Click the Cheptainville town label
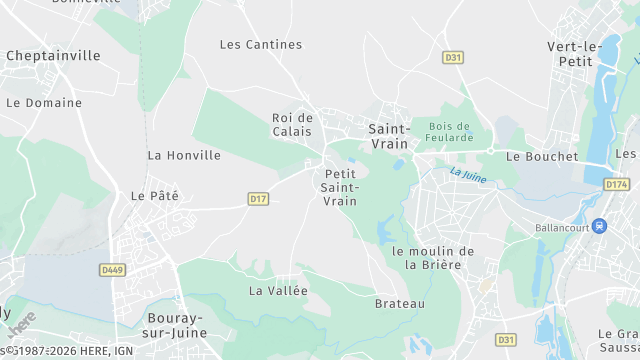[53, 56]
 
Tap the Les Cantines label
[260, 44]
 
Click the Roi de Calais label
[292, 125]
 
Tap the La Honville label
[184, 155]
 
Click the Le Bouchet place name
[542, 156]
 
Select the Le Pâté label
[154, 195]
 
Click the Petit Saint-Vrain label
[340, 187]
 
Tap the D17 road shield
[258, 199]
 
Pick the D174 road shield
[617, 185]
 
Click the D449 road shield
[111, 269]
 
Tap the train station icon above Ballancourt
[599, 226]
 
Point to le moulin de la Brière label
[433, 257]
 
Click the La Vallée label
[278, 290]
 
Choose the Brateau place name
[400, 303]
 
